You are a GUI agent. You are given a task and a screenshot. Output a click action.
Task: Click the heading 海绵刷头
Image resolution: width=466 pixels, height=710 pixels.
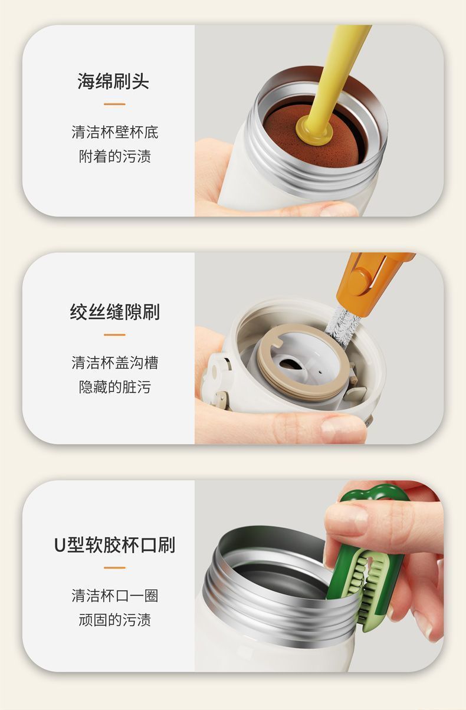coord(113,81)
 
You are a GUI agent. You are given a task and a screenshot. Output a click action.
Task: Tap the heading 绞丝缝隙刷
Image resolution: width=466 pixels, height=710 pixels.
coord(114,312)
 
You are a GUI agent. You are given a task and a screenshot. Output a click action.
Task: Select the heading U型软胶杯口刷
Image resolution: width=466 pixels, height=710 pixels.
coord(114,545)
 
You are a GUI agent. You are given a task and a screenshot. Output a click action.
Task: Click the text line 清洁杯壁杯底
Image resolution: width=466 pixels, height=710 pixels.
coord(115,132)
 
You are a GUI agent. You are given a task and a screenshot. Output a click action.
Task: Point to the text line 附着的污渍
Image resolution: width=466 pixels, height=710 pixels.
coord(115,156)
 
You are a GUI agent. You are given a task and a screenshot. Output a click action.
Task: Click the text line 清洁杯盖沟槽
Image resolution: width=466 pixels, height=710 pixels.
coord(115,363)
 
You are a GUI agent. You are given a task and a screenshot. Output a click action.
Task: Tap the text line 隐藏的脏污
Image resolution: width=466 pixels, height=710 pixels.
coord(115,387)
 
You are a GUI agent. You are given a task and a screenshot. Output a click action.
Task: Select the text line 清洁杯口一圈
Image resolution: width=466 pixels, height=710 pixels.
coord(115,596)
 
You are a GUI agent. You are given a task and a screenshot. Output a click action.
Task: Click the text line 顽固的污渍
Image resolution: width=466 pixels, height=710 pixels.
coord(115,620)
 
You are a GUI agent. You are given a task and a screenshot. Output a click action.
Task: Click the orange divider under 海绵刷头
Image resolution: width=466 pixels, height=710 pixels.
coord(114,104)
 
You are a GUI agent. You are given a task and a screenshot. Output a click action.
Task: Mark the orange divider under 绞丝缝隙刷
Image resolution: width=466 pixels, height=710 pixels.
coord(114,335)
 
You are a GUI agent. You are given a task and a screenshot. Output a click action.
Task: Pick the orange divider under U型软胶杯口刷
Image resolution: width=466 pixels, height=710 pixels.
coord(114,568)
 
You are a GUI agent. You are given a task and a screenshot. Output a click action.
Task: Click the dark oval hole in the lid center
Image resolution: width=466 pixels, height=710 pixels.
coord(289,365)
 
